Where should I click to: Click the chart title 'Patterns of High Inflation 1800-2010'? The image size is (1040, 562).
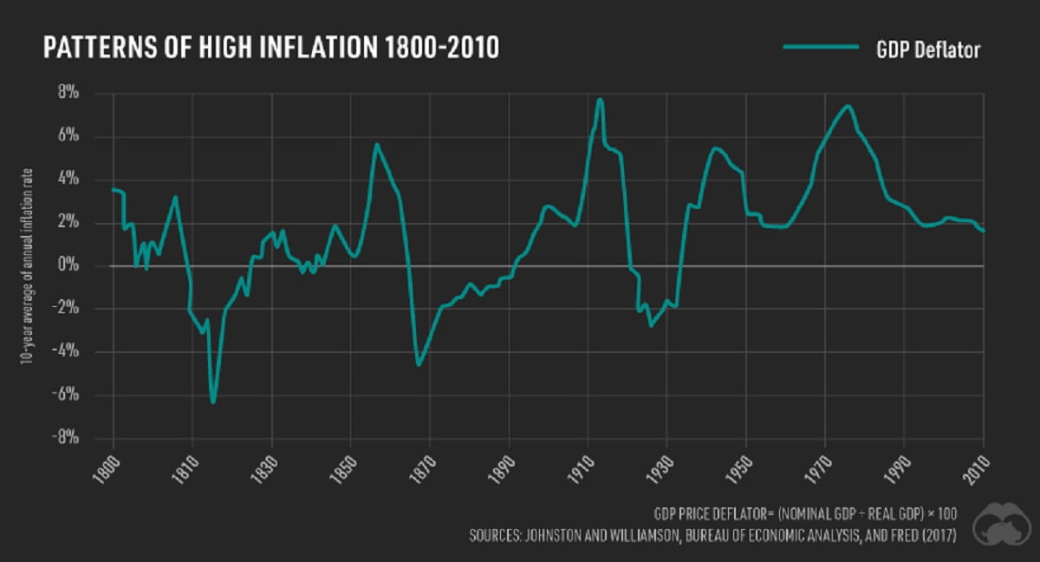click(270, 49)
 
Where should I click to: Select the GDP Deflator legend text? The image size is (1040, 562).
click(927, 50)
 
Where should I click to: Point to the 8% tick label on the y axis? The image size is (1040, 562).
click(93, 93)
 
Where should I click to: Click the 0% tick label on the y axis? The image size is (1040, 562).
click(93, 265)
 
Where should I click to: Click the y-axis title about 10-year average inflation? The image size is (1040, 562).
click(29, 265)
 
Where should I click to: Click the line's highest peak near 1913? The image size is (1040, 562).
click(599, 100)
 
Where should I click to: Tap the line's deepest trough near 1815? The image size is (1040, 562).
click(212, 402)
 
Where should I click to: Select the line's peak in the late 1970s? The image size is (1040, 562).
click(847, 107)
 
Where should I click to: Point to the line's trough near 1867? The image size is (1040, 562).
click(419, 365)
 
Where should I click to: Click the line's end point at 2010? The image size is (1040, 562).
click(984, 231)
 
